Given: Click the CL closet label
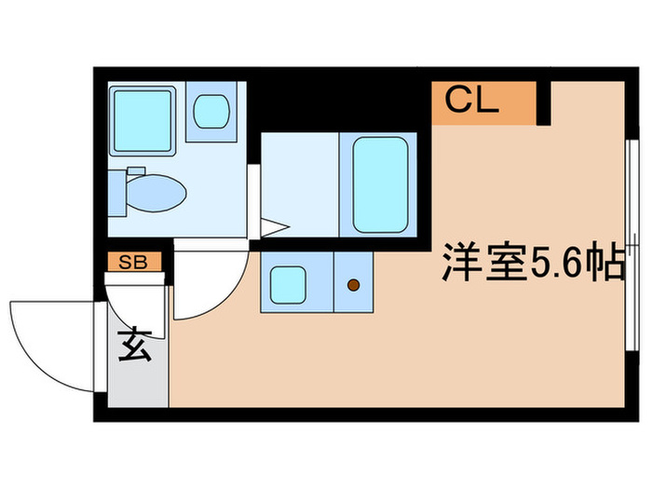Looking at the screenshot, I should pos(473,101).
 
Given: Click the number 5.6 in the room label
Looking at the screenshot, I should pos(557,265).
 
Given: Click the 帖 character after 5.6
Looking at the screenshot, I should pos(605,265).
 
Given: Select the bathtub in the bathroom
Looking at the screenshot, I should pos(381,183).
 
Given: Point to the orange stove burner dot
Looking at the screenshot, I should pos(353,285).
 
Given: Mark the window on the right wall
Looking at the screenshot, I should pos(632,233).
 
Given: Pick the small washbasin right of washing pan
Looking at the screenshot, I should pos(213,113).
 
